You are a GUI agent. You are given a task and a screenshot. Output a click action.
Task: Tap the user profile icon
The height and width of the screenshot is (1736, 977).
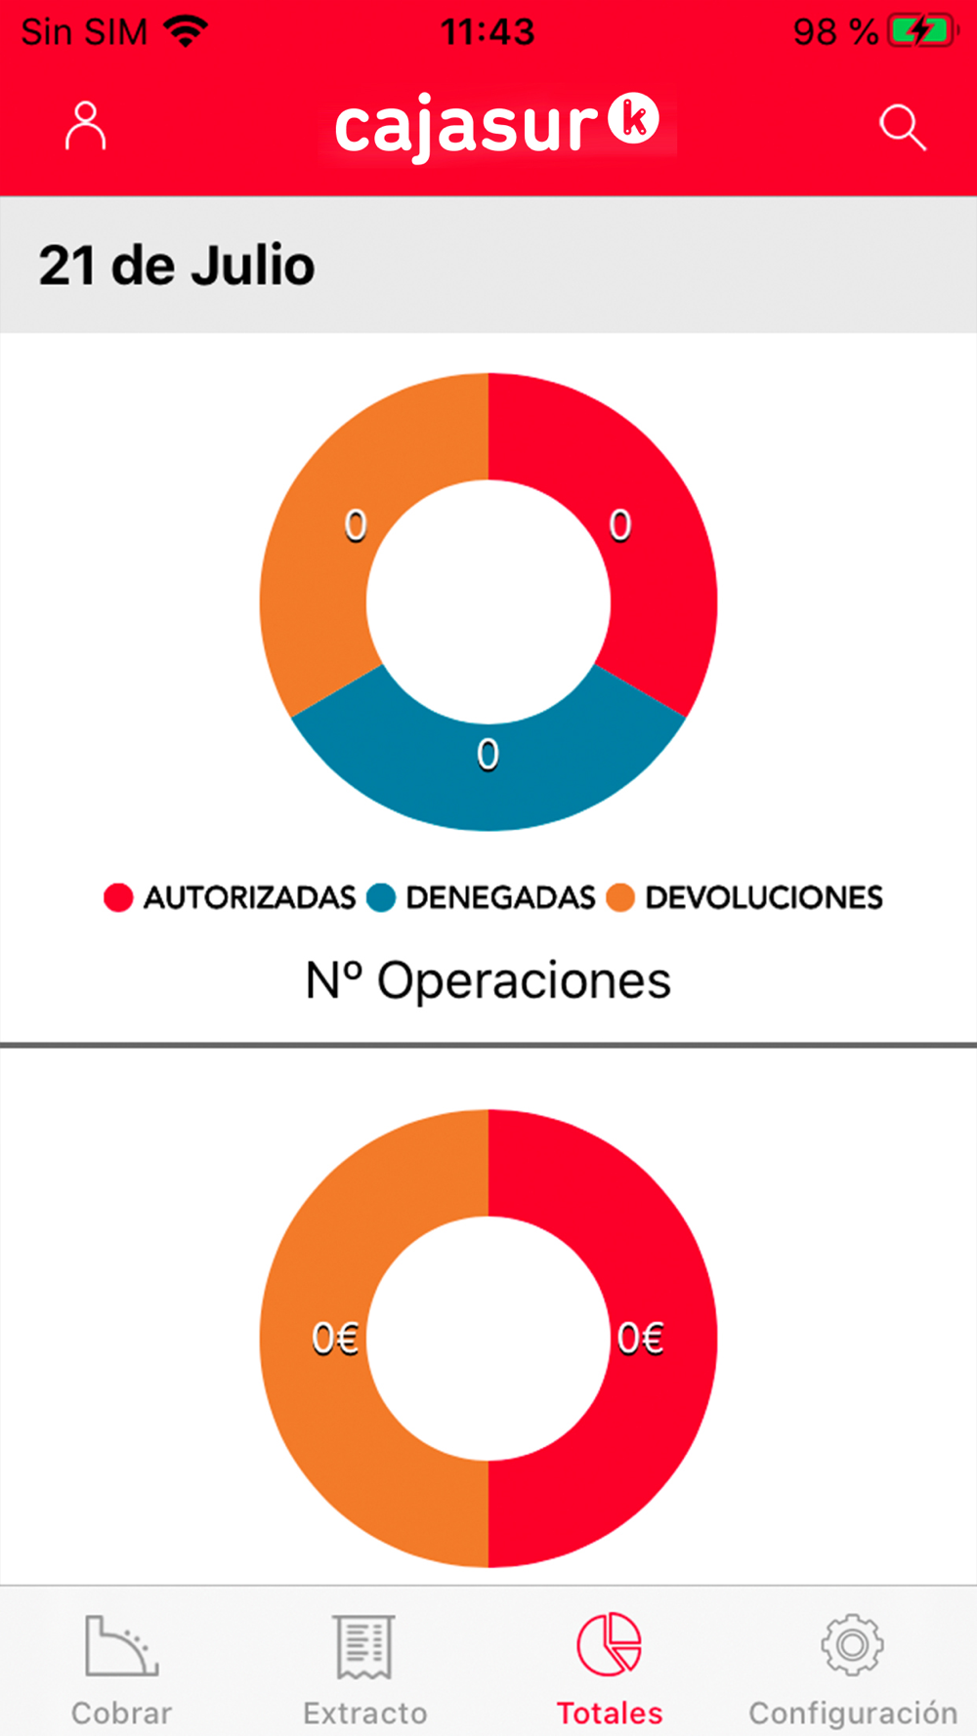(x=85, y=126)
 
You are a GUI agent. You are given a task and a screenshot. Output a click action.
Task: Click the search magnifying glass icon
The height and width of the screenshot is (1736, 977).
(x=901, y=127)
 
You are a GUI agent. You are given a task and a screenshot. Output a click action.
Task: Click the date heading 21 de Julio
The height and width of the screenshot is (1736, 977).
(x=177, y=266)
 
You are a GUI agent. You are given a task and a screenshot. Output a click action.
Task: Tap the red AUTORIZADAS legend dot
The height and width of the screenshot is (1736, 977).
(x=118, y=897)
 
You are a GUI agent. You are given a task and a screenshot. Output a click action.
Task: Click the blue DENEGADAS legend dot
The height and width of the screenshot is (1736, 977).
(x=380, y=897)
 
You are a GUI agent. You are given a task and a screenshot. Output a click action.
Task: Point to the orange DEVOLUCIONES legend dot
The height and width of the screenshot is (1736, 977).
(x=620, y=897)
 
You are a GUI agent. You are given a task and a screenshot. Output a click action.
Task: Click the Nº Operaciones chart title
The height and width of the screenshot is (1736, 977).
(x=488, y=980)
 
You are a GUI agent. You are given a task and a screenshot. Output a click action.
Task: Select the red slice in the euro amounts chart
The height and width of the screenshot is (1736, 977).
(x=655, y=1339)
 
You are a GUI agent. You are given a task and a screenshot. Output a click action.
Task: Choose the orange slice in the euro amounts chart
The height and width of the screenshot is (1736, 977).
(x=318, y=1339)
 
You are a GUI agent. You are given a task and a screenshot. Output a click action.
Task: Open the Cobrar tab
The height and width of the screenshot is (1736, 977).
(x=121, y=1671)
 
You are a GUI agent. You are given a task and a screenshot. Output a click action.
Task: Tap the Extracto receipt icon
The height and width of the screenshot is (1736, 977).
(x=364, y=1646)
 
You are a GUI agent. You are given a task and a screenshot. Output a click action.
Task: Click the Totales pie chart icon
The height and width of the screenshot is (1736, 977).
(x=609, y=1644)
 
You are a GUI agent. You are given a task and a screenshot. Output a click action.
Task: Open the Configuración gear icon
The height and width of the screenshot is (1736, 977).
(x=852, y=1645)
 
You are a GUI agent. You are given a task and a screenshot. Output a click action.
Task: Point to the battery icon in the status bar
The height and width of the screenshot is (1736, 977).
(x=922, y=31)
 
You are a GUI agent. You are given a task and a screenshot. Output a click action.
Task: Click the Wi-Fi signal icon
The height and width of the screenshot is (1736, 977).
(x=186, y=31)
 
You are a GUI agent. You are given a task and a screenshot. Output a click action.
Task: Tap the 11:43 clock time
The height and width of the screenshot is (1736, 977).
(x=488, y=32)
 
